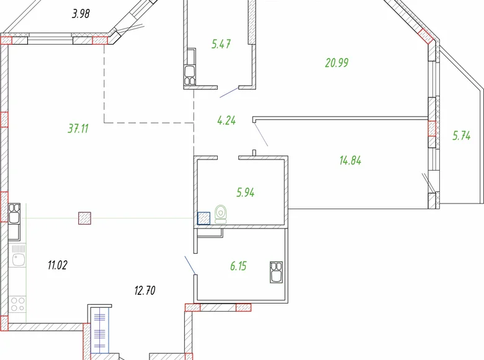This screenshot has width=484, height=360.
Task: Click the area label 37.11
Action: [x=79, y=128]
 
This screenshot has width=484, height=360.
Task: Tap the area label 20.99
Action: [x=336, y=62]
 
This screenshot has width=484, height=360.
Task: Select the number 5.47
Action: [x=222, y=44]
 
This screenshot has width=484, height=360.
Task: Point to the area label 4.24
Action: [x=226, y=120]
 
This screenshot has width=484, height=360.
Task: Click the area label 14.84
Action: [x=350, y=160]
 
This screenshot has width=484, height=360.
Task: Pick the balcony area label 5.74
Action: [x=461, y=137]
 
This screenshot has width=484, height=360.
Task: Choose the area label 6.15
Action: [x=238, y=266]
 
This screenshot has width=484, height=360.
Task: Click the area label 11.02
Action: [x=57, y=265]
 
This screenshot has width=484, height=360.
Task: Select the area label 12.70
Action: [x=144, y=289]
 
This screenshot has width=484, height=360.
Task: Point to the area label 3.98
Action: [x=81, y=13]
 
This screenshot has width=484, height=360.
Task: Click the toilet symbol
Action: [x=221, y=214]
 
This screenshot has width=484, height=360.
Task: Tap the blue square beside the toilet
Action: [x=203, y=218]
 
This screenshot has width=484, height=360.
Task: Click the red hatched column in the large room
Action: [x=85, y=218]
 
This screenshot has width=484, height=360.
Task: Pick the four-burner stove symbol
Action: [x=17, y=304]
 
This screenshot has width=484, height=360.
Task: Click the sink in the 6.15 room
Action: [x=276, y=271]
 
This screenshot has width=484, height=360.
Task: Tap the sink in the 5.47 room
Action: [x=189, y=74]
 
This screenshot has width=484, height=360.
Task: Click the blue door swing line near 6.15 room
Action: [x=190, y=264]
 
